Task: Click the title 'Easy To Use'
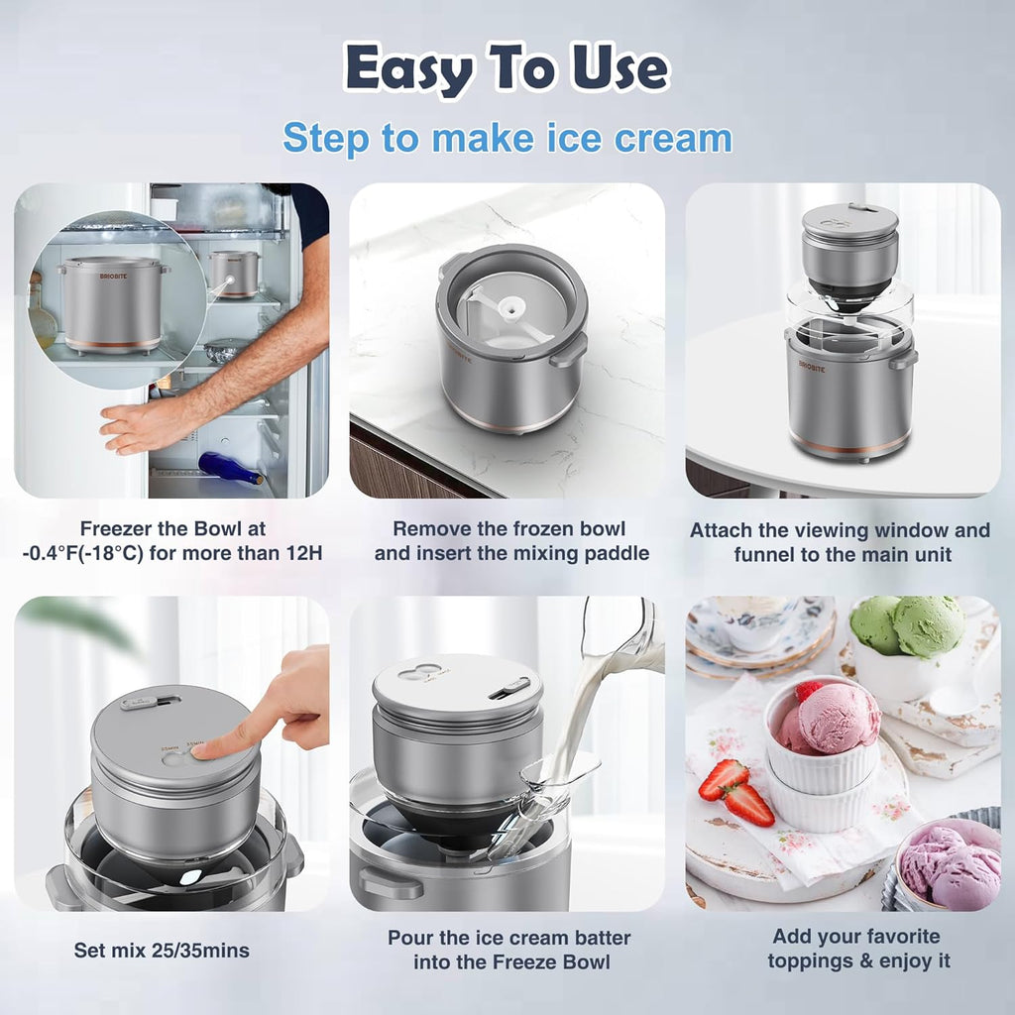click(507, 69)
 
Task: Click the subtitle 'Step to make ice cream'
click(507, 138)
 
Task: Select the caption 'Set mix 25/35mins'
click(162, 951)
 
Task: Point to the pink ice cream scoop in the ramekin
click(831, 719)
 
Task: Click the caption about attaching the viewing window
click(840, 542)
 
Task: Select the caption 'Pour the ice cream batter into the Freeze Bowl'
click(508, 949)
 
